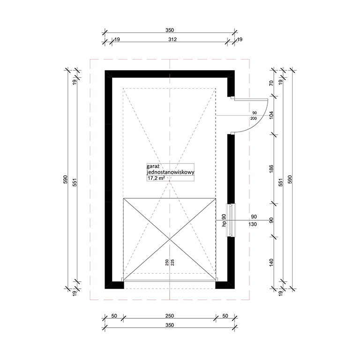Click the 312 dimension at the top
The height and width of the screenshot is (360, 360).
[x=172, y=39]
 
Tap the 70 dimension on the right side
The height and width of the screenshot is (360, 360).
[x=271, y=83]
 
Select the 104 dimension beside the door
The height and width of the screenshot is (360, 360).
[x=271, y=115]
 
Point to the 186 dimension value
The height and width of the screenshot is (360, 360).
[x=271, y=169]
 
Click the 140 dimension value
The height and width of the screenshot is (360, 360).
[x=271, y=262]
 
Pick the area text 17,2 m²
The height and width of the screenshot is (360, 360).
[x=156, y=178]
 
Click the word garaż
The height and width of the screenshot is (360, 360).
[x=152, y=166]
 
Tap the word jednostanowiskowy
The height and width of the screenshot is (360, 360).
[x=171, y=172]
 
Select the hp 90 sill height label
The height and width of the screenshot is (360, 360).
[x=224, y=220]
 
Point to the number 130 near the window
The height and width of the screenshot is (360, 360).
[x=253, y=224]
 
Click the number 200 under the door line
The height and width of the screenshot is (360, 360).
[x=254, y=118]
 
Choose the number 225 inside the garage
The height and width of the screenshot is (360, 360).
[x=172, y=262]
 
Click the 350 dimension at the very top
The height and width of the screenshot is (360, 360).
[x=170, y=30]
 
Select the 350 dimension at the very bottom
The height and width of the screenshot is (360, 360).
[x=170, y=325]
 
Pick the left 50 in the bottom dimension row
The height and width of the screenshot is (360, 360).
[x=114, y=316]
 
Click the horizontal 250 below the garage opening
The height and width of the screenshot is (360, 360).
[x=170, y=316]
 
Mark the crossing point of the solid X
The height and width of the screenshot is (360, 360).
[x=170, y=239]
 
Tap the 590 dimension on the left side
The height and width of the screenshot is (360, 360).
[x=65, y=180]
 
